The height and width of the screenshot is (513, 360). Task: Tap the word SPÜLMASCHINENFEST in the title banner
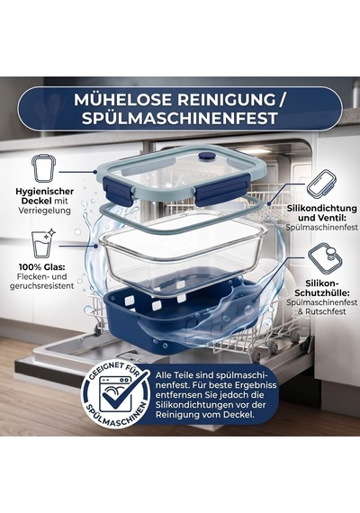(180, 119)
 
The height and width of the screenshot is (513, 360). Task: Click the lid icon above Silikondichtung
(319, 184)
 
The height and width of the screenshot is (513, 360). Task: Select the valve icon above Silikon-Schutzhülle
(326, 257)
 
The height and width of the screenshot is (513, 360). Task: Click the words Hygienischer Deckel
(44, 196)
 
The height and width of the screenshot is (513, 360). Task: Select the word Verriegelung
(44, 211)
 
